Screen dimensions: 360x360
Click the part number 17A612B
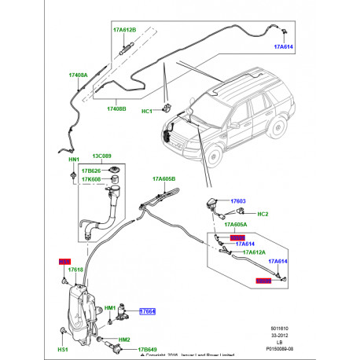click(x=123, y=30)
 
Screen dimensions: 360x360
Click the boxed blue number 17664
click(x=148, y=312)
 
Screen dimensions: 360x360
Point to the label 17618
click(x=75, y=270)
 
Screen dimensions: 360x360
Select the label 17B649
click(x=149, y=349)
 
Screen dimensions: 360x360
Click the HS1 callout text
click(x=63, y=349)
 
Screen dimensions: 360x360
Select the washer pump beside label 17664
click(x=123, y=316)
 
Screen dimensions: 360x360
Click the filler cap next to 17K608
click(x=114, y=173)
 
